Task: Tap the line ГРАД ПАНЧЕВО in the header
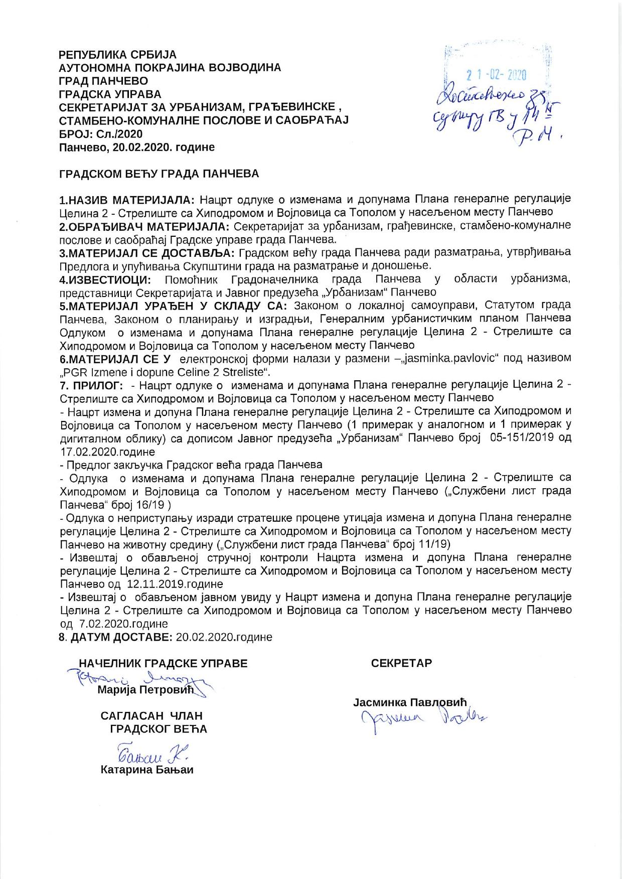coord(103,81)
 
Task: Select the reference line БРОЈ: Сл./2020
coord(101,134)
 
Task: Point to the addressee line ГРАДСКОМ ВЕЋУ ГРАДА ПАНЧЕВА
coord(159,174)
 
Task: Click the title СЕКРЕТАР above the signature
coord(401,663)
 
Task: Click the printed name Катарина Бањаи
coord(147,770)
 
